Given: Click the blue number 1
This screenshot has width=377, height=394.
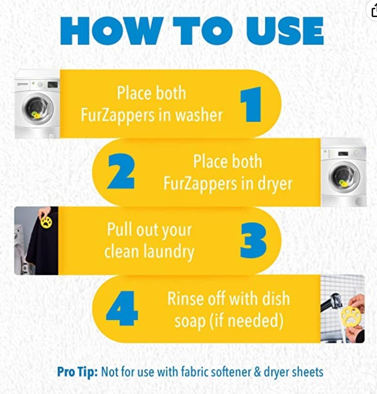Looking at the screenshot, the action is [251, 105].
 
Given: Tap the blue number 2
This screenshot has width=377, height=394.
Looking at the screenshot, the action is [121, 171].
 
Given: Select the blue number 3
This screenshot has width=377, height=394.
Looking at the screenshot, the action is [253, 241].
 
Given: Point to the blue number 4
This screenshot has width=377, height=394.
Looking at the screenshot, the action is [122, 309].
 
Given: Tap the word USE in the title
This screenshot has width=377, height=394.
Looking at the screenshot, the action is [285, 31].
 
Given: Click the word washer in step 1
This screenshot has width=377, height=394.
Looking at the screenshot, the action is [199, 115].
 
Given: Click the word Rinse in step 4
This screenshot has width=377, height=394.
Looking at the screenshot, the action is [186, 299].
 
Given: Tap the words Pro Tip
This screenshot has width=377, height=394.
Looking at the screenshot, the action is [78, 372].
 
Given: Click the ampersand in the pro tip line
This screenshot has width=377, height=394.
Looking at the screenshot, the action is [257, 372].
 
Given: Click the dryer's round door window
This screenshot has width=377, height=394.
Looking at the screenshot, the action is [344, 177].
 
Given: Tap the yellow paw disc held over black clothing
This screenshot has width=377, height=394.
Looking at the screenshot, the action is [46, 222].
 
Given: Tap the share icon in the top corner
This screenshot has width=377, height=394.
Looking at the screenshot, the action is [374, 11].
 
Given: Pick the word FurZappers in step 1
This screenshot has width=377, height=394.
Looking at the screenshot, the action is [118, 116].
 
